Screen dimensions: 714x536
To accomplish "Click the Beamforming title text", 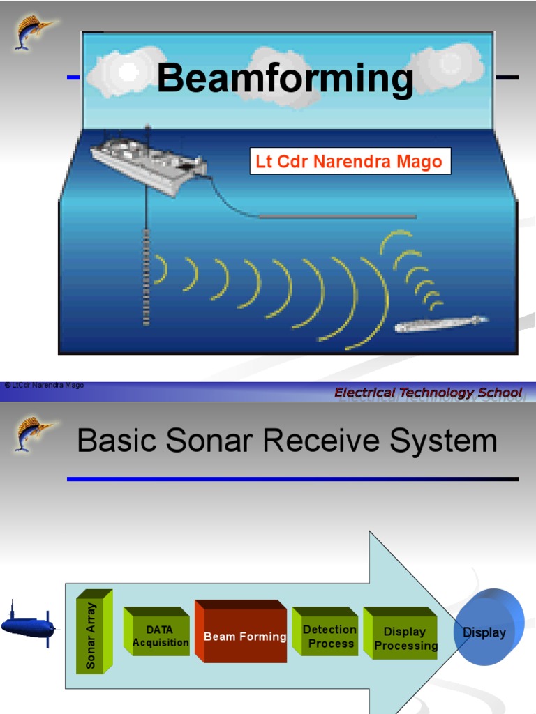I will [x=285, y=78].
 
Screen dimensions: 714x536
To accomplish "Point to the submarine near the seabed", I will [x=440, y=324].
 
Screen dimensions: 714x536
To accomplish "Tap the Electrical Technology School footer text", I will [x=428, y=393].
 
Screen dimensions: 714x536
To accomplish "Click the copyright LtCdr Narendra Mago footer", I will [x=44, y=385].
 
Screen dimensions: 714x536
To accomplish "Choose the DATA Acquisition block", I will [x=160, y=636].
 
